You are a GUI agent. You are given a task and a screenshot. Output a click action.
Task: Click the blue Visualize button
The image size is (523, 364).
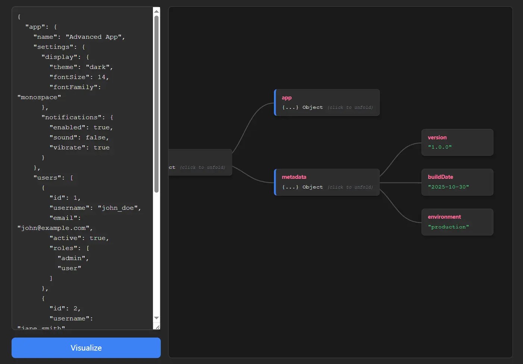click(86, 348)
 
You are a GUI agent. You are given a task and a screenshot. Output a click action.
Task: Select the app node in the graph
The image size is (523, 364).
click(327, 102)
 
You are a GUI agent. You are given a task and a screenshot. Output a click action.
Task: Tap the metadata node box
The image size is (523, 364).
click(327, 182)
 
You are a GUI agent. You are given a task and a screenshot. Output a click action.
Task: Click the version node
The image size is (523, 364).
click(457, 142)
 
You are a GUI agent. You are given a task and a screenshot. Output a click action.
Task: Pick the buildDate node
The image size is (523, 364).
click(457, 182)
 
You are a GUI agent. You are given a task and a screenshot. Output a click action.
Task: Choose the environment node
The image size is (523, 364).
click(457, 222)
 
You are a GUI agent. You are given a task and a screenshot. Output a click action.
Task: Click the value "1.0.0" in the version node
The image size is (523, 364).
click(440, 147)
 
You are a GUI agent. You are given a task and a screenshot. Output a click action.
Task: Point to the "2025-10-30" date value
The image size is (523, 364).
click(448, 187)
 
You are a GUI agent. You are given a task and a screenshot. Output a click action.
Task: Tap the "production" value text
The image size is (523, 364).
click(448, 227)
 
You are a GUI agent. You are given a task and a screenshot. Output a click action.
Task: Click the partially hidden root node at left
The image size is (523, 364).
click(200, 162)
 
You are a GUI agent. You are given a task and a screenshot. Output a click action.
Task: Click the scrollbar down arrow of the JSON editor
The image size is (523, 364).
click(157, 318)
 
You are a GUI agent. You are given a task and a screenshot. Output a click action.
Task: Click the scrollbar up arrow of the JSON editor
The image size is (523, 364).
click(157, 11)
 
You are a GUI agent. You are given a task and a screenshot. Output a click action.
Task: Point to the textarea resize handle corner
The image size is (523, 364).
click(157, 327)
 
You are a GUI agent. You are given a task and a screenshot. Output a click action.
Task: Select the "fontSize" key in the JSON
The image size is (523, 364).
click(69, 77)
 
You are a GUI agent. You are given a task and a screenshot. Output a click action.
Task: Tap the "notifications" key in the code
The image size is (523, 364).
click(71, 117)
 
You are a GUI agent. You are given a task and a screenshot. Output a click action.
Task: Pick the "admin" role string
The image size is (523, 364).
click(71, 258)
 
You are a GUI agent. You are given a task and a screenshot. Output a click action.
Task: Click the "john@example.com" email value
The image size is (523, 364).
click(54, 228)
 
